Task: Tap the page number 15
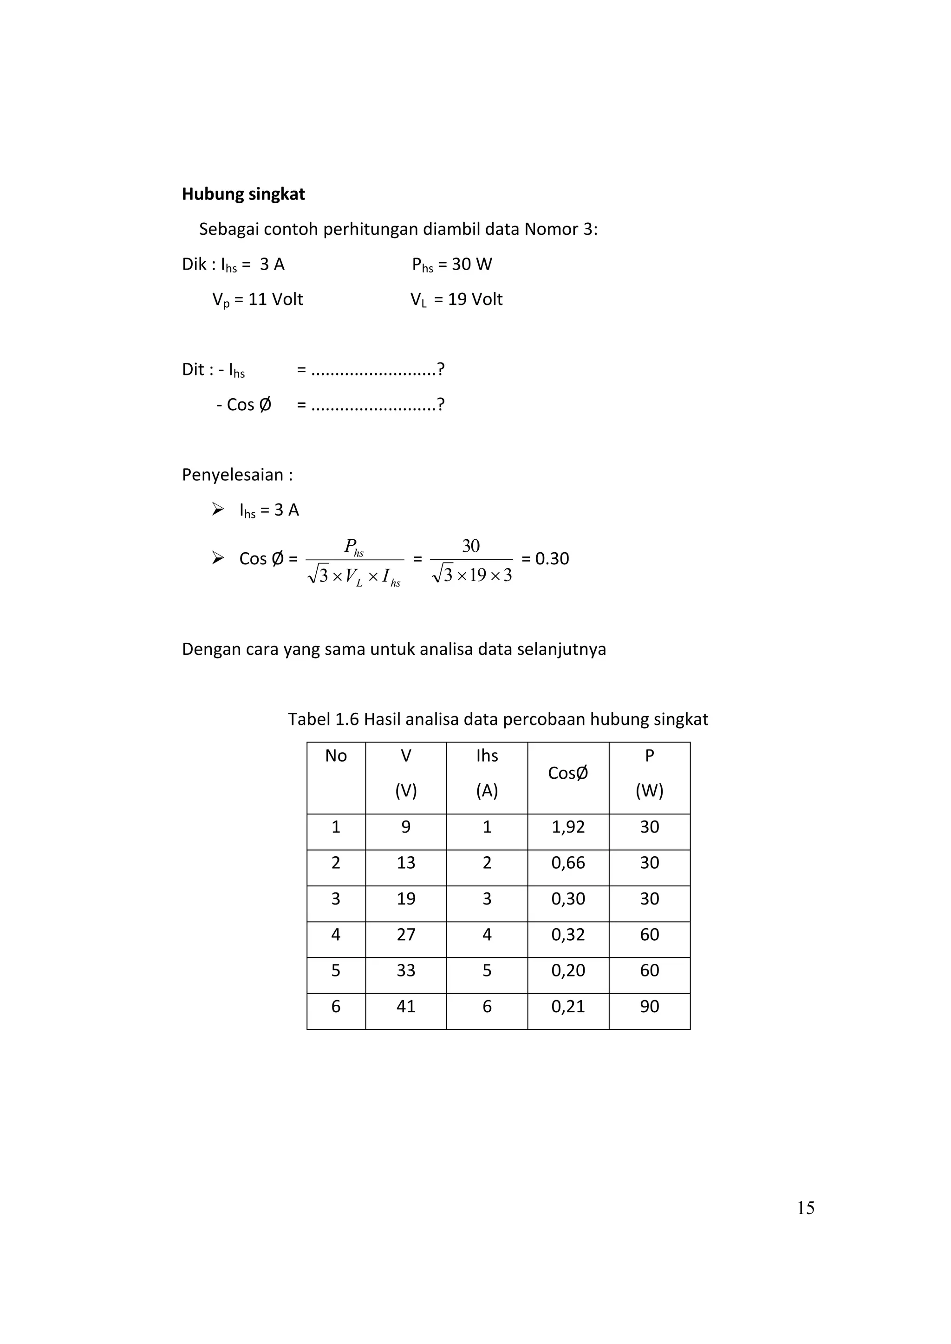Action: (805, 1208)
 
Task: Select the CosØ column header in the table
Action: (567, 773)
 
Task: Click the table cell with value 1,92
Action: (567, 827)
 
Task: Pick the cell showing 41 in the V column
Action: (405, 1006)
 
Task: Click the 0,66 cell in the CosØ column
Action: (567, 863)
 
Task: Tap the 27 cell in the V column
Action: (405, 935)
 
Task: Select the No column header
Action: (336, 756)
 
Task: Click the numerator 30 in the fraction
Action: (471, 546)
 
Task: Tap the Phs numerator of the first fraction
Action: (354, 547)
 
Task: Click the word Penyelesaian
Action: (233, 475)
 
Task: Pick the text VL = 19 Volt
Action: (456, 300)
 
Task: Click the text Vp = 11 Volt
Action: (258, 300)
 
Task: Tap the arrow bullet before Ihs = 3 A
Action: (218, 509)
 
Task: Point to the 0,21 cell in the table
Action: (567, 1006)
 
